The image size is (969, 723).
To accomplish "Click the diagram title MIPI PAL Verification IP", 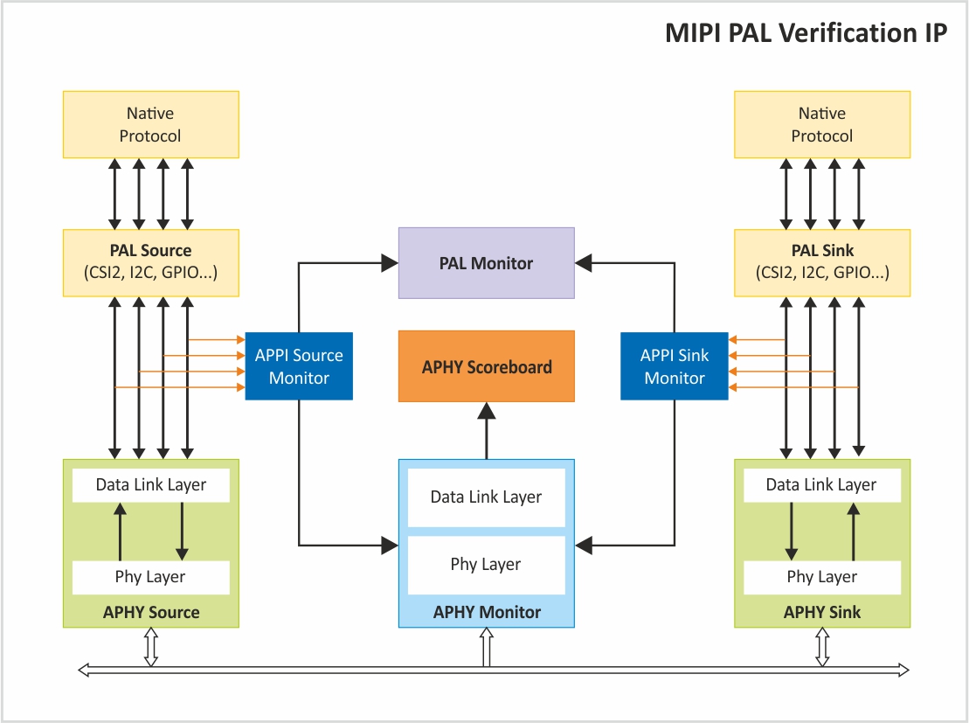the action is pyautogui.click(x=806, y=32).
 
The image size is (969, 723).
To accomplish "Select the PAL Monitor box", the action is pyautogui.click(x=487, y=263).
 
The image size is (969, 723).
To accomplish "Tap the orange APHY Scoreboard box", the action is pyautogui.click(x=487, y=366).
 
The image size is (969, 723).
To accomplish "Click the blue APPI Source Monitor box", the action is pyautogui.click(x=299, y=366).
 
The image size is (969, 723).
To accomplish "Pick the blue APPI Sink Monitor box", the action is pyautogui.click(x=675, y=366).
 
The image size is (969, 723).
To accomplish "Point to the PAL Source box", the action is pyautogui.click(x=151, y=263).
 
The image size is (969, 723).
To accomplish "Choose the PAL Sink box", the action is pyautogui.click(x=822, y=263).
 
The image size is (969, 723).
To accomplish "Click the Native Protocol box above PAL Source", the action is pyautogui.click(x=151, y=124).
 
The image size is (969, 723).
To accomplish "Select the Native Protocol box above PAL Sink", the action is pyautogui.click(x=822, y=124).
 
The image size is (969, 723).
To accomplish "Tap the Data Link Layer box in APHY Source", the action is pyautogui.click(x=151, y=485).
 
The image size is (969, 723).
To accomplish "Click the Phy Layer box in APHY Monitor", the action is pyautogui.click(x=487, y=565).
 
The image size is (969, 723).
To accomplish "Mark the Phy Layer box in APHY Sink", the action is pyautogui.click(x=822, y=577).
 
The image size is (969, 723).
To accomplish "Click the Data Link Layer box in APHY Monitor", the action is pyautogui.click(x=487, y=497).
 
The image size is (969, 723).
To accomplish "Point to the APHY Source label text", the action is pyautogui.click(x=151, y=612).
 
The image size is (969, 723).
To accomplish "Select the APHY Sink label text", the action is pyautogui.click(x=822, y=612).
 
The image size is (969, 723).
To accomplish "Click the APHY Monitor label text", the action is pyautogui.click(x=487, y=612).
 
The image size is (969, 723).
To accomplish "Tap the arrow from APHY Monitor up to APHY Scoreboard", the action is pyautogui.click(x=487, y=430).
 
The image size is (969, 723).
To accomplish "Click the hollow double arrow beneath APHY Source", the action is pyautogui.click(x=151, y=647).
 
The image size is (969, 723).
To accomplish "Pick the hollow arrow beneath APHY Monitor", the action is pyautogui.click(x=487, y=647).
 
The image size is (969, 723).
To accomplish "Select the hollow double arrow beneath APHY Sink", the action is pyautogui.click(x=822, y=647).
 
